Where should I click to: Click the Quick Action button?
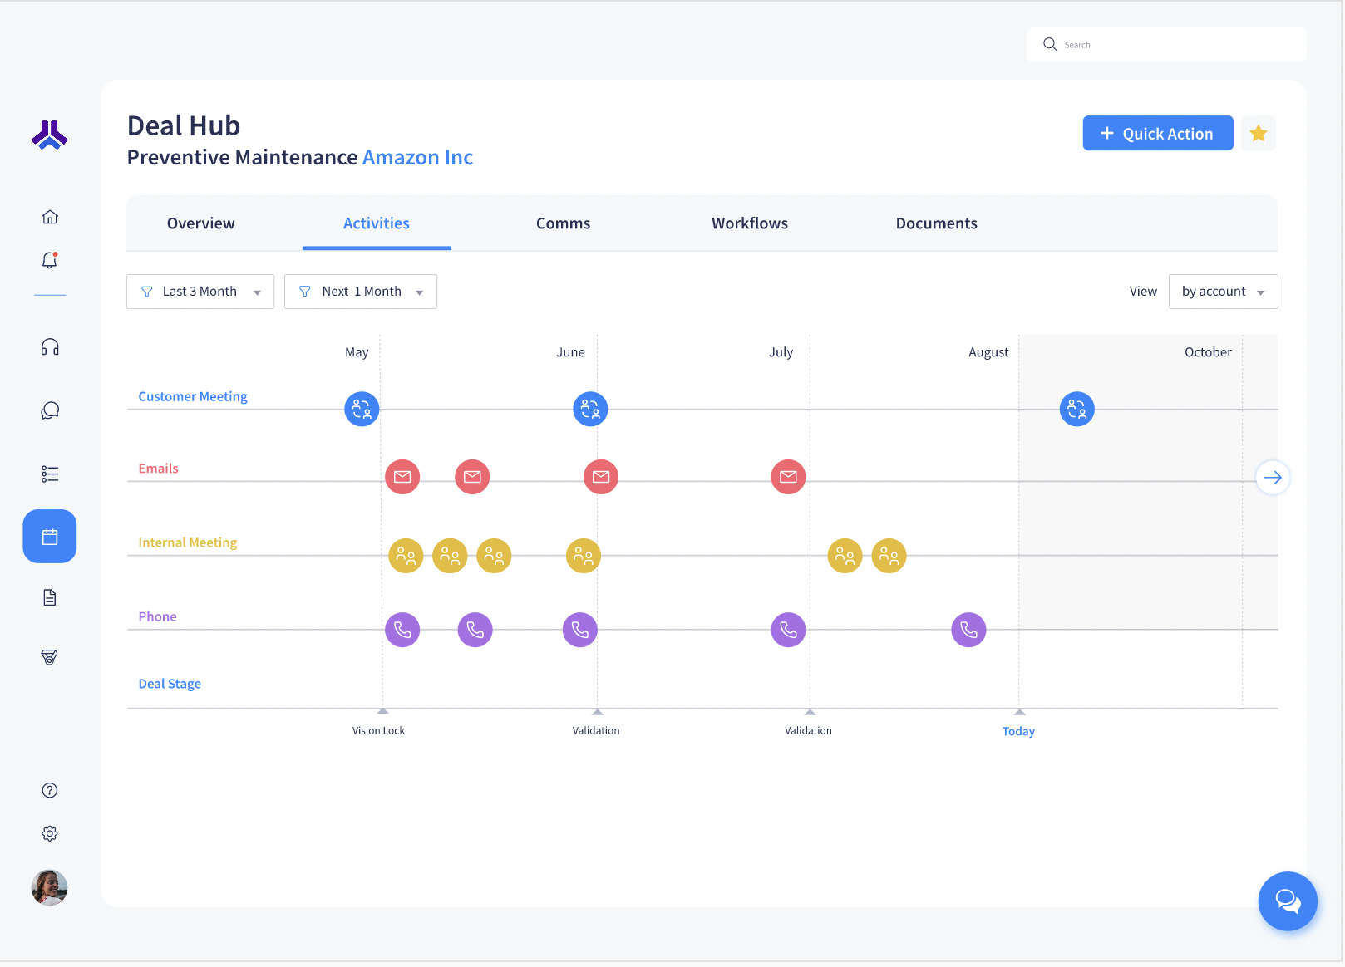point(1157,133)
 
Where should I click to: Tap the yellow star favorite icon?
point(1258,133)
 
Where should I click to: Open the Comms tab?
point(563,223)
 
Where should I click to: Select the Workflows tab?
point(749,223)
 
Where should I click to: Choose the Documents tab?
point(936,223)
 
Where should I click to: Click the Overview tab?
point(200,223)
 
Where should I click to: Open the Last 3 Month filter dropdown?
point(200,292)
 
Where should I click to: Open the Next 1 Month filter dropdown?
point(361,292)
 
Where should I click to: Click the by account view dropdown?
point(1223,292)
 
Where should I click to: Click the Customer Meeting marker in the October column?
point(1076,409)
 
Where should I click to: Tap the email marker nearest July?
point(788,477)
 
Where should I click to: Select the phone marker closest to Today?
point(968,630)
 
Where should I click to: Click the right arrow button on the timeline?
point(1272,478)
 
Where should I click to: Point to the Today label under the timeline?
point(1018,731)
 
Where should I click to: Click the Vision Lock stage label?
point(378,730)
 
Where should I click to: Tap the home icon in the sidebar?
point(50,217)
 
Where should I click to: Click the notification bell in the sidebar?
point(50,261)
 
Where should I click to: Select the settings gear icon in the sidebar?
point(50,833)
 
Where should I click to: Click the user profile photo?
point(50,887)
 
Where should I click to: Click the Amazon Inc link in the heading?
point(417,158)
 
